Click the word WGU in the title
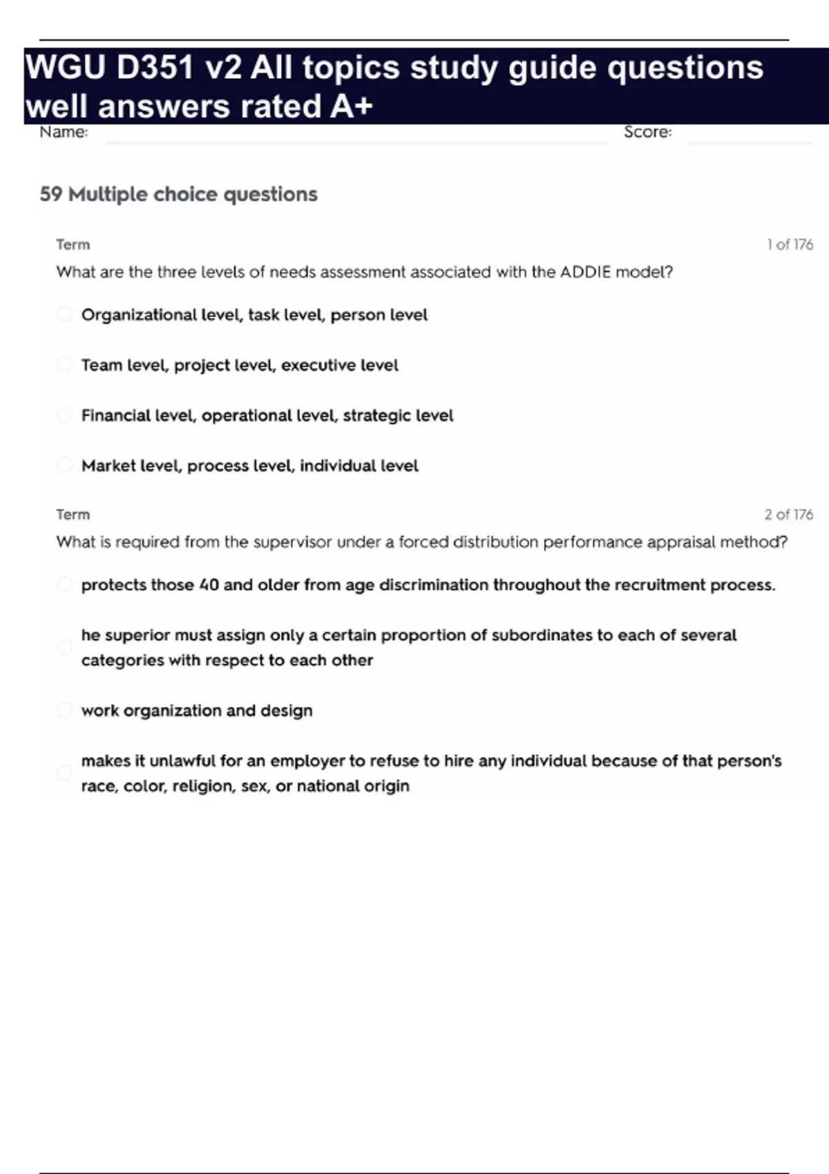65,68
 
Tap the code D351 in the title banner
155,68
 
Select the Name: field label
64,132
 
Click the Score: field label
647,132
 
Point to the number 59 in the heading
50,194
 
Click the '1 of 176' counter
790,244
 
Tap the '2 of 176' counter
788,514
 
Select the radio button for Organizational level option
64,315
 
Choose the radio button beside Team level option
64,365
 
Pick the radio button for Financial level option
64,415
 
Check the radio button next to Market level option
64,465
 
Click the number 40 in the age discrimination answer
209,585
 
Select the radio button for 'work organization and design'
64,711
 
